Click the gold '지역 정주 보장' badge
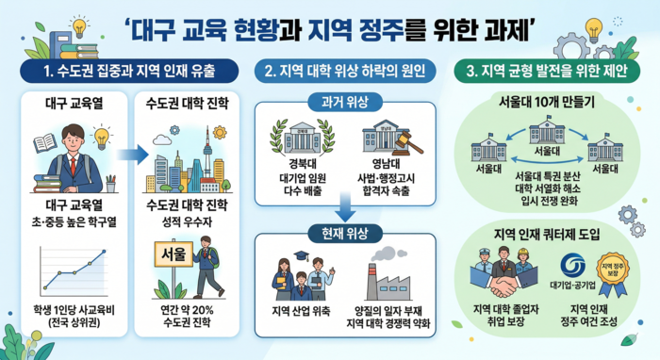coord(616,270)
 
